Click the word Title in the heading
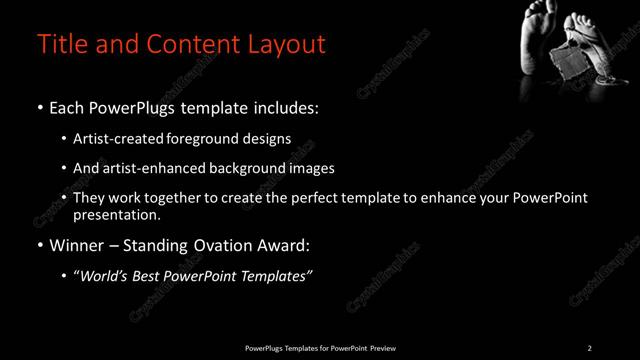[x=59, y=45]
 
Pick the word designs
[x=268, y=138]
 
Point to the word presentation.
[x=116, y=215]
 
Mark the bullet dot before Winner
[x=40, y=246]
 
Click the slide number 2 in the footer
[x=589, y=348]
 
